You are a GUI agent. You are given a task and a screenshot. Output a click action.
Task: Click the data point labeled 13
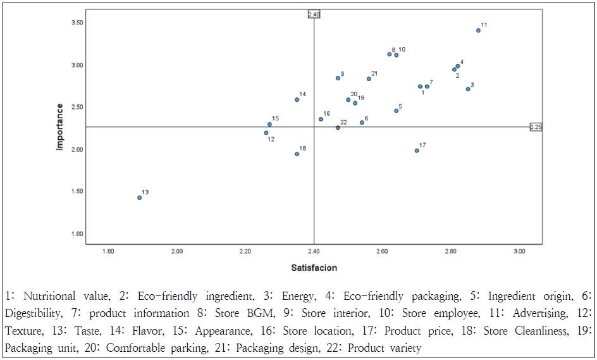point(139,197)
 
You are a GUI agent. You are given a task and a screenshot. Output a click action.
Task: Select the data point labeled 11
point(478,30)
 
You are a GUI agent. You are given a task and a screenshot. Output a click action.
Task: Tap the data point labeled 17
point(417,151)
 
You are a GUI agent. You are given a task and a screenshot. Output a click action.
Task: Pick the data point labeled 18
point(297,154)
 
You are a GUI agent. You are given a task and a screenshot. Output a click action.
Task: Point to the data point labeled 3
point(468,89)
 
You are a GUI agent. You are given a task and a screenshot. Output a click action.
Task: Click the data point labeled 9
point(338,78)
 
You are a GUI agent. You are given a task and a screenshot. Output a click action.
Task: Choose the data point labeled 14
point(297,99)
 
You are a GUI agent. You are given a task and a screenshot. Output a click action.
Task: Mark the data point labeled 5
point(397,111)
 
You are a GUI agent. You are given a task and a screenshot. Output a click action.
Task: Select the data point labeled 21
point(369,79)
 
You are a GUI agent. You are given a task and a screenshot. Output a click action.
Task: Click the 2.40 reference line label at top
point(314,14)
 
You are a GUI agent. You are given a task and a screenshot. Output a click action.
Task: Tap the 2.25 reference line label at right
point(536,127)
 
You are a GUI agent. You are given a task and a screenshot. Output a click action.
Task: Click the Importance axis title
point(60,127)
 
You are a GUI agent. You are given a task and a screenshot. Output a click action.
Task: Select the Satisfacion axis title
point(314,268)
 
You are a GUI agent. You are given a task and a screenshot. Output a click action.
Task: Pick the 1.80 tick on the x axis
point(108,252)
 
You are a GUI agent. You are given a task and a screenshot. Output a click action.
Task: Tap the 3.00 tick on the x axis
point(519,252)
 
